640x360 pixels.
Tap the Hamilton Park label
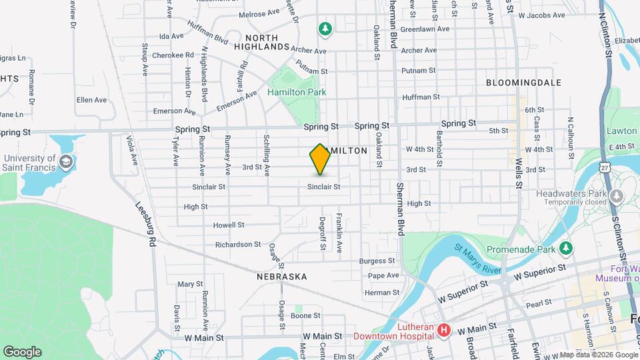297,92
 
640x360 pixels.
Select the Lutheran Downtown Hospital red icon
443,330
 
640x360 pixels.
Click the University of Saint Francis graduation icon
66,161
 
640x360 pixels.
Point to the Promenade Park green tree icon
566,248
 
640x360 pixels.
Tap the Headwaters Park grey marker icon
617,195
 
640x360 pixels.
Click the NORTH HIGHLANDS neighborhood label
267,42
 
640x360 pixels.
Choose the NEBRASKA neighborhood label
281,276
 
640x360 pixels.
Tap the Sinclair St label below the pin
324,187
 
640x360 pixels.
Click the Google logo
22,351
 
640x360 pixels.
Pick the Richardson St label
238,245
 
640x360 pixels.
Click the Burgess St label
377,261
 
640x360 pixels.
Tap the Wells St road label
517,174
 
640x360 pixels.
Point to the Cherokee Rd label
173,55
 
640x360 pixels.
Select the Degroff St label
322,233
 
